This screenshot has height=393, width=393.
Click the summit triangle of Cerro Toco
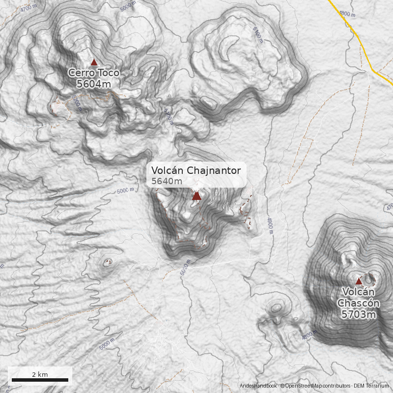(x=94, y=62)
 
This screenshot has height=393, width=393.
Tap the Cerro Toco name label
(x=93, y=73)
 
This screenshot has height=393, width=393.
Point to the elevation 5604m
(x=93, y=84)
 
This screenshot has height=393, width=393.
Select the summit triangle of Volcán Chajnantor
(x=196, y=196)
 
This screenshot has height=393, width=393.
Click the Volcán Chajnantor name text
(x=196, y=170)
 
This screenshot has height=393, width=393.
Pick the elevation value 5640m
(x=167, y=181)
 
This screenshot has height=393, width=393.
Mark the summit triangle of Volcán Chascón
(x=359, y=281)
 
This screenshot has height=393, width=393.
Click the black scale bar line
(x=40, y=380)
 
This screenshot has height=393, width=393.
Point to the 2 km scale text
(x=40, y=374)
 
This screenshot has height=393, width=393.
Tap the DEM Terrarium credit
(x=371, y=386)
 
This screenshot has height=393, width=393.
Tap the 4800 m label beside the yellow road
(x=347, y=14)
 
